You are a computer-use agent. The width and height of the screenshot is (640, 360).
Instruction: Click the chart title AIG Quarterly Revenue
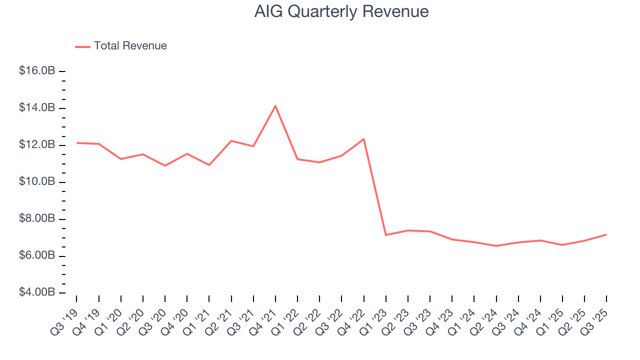(341, 11)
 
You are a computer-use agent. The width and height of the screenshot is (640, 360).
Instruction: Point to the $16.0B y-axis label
(37, 71)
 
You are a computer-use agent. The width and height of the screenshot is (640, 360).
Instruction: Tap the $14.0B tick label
(37, 108)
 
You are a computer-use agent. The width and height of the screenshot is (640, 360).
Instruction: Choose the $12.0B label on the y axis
(37, 145)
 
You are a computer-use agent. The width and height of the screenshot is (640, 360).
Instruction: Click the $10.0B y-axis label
(37, 182)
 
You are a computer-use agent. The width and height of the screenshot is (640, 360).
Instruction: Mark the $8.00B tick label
(37, 219)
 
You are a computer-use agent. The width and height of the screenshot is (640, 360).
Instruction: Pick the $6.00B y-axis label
(37, 256)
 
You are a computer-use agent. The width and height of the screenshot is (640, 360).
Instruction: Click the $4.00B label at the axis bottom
(37, 292)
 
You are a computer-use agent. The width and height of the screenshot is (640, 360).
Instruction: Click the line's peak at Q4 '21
(275, 106)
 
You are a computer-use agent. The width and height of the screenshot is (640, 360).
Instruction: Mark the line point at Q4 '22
(363, 139)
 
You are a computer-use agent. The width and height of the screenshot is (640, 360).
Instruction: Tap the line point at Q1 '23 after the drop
(385, 235)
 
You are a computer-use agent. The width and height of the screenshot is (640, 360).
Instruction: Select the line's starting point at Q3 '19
(77, 143)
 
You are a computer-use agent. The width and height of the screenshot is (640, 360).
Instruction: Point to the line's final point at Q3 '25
(606, 234)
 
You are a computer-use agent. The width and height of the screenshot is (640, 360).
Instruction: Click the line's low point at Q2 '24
(496, 246)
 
